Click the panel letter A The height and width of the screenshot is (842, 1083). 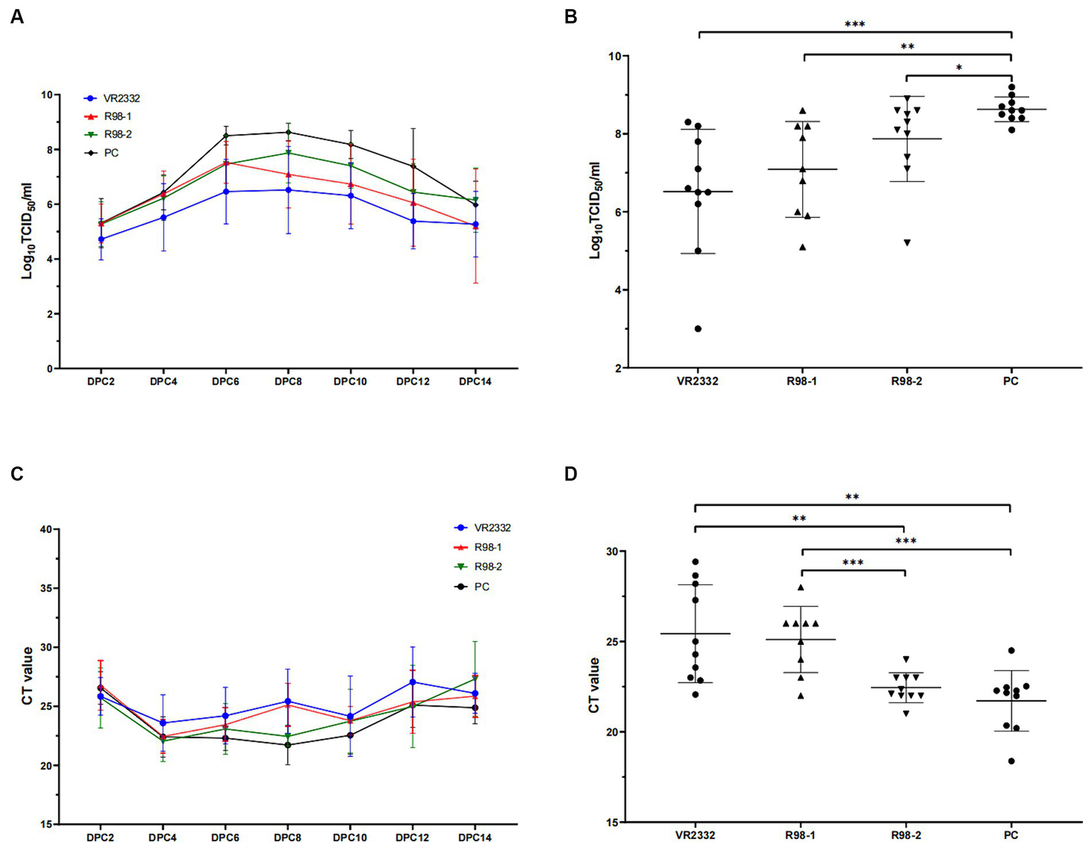[17, 18]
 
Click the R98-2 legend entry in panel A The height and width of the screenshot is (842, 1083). [118, 134]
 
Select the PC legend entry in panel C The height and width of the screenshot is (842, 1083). [482, 587]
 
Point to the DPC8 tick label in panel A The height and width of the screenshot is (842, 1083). [287, 382]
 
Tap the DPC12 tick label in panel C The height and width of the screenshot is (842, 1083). [412, 838]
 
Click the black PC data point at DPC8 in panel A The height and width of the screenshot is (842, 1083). [288, 132]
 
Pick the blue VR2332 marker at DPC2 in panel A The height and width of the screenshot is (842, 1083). [101, 239]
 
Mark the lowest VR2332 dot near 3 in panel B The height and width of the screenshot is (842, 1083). [698, 329]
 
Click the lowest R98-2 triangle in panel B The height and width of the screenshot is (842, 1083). [907, 243]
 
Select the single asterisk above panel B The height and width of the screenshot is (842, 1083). [959, 68]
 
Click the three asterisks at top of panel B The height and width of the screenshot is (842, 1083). [854, 25]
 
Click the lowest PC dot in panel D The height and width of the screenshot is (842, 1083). [1011, 761]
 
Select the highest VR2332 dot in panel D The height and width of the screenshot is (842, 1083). [695, 562]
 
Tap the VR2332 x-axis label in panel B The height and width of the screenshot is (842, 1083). [698, 381]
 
